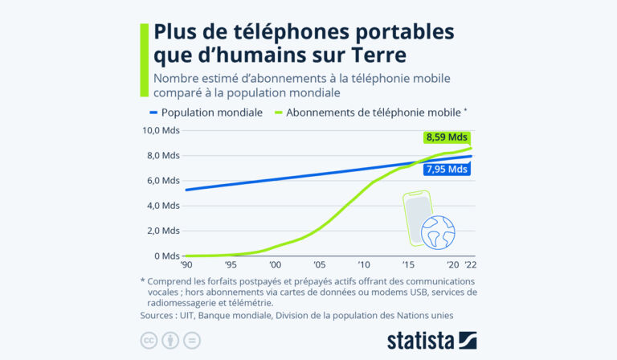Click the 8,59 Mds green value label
click(x=446, y=137)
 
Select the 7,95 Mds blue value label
click(x=446, y=169)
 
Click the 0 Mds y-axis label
click(x=167, y=256)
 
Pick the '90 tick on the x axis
click(x=186, y=265)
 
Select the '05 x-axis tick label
click(x=319, y=265)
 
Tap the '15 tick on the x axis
click(x=408, y=265)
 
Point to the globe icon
click(x=438, y=230)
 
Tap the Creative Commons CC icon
click(x=149, y=341)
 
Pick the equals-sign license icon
click(x=191, y=341)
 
